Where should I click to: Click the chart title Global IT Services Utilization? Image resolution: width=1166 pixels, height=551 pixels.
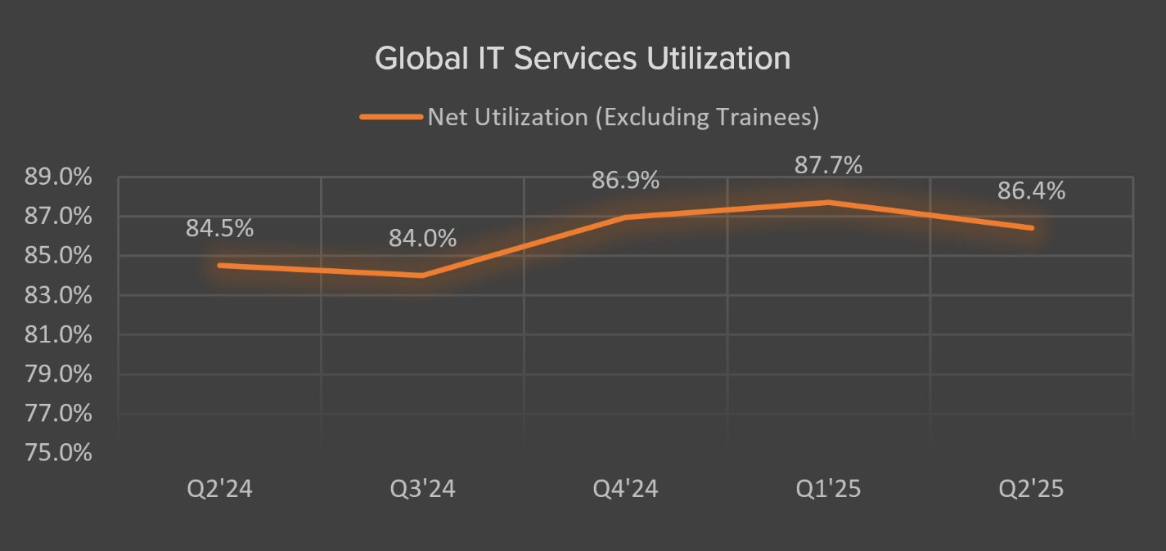583,59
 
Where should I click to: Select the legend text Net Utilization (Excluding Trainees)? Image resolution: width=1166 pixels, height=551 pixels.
623,117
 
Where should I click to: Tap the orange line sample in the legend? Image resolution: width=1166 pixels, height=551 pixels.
390,117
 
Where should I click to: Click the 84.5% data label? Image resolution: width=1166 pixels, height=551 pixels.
219,229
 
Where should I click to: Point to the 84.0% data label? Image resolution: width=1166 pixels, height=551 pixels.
423,239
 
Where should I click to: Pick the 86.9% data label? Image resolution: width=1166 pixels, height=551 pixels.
626,181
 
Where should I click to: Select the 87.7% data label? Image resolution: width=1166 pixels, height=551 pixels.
828,165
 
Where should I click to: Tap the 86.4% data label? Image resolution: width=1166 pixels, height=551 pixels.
1031,191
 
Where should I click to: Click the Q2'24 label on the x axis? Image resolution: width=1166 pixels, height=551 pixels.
219,489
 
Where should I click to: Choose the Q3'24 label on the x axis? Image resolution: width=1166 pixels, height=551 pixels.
423,489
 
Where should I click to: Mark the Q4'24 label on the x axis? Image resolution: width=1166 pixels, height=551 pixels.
626,489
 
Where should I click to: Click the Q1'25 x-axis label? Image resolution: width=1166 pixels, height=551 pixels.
828,489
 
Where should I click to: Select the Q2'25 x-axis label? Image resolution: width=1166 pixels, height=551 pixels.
1031,489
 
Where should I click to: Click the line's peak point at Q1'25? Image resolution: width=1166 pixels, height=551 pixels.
828,202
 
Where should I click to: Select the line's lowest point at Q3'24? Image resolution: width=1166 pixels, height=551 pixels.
423,275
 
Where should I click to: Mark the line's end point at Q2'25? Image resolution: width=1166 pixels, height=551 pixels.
1031,228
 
